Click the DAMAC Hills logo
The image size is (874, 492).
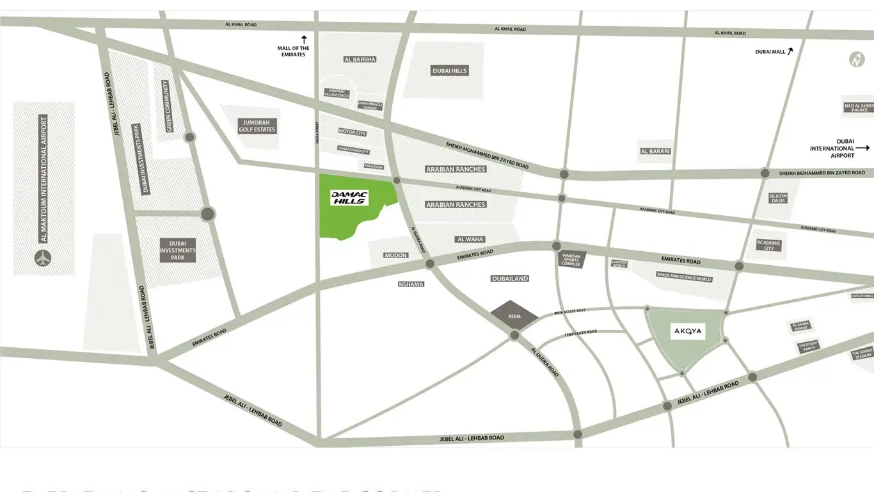[x=349, y=198]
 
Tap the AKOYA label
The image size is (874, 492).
[x=688, y=331]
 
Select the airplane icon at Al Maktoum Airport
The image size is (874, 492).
[x=43, y=259]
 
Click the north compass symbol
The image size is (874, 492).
[x=857, y=60]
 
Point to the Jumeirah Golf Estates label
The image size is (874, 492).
[x=257, y=126]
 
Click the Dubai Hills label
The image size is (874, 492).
[x=450, y=71]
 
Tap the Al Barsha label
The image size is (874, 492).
[x=360, y=60]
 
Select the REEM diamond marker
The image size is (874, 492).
[x=514, y=316]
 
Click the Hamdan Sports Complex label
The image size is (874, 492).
[x=571, y=259]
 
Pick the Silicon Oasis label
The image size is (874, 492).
[x=778, y=199]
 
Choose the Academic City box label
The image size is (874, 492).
[x=768, y=244]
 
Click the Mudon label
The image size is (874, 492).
[x=395, y=256]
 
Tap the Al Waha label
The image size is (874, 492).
[x=470, y=239]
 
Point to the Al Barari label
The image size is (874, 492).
[x=655, y=151]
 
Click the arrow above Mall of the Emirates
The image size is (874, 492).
[x=305, y=39]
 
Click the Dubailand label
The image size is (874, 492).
[x=509, y=279]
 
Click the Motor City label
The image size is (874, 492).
[x=352, y=133]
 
